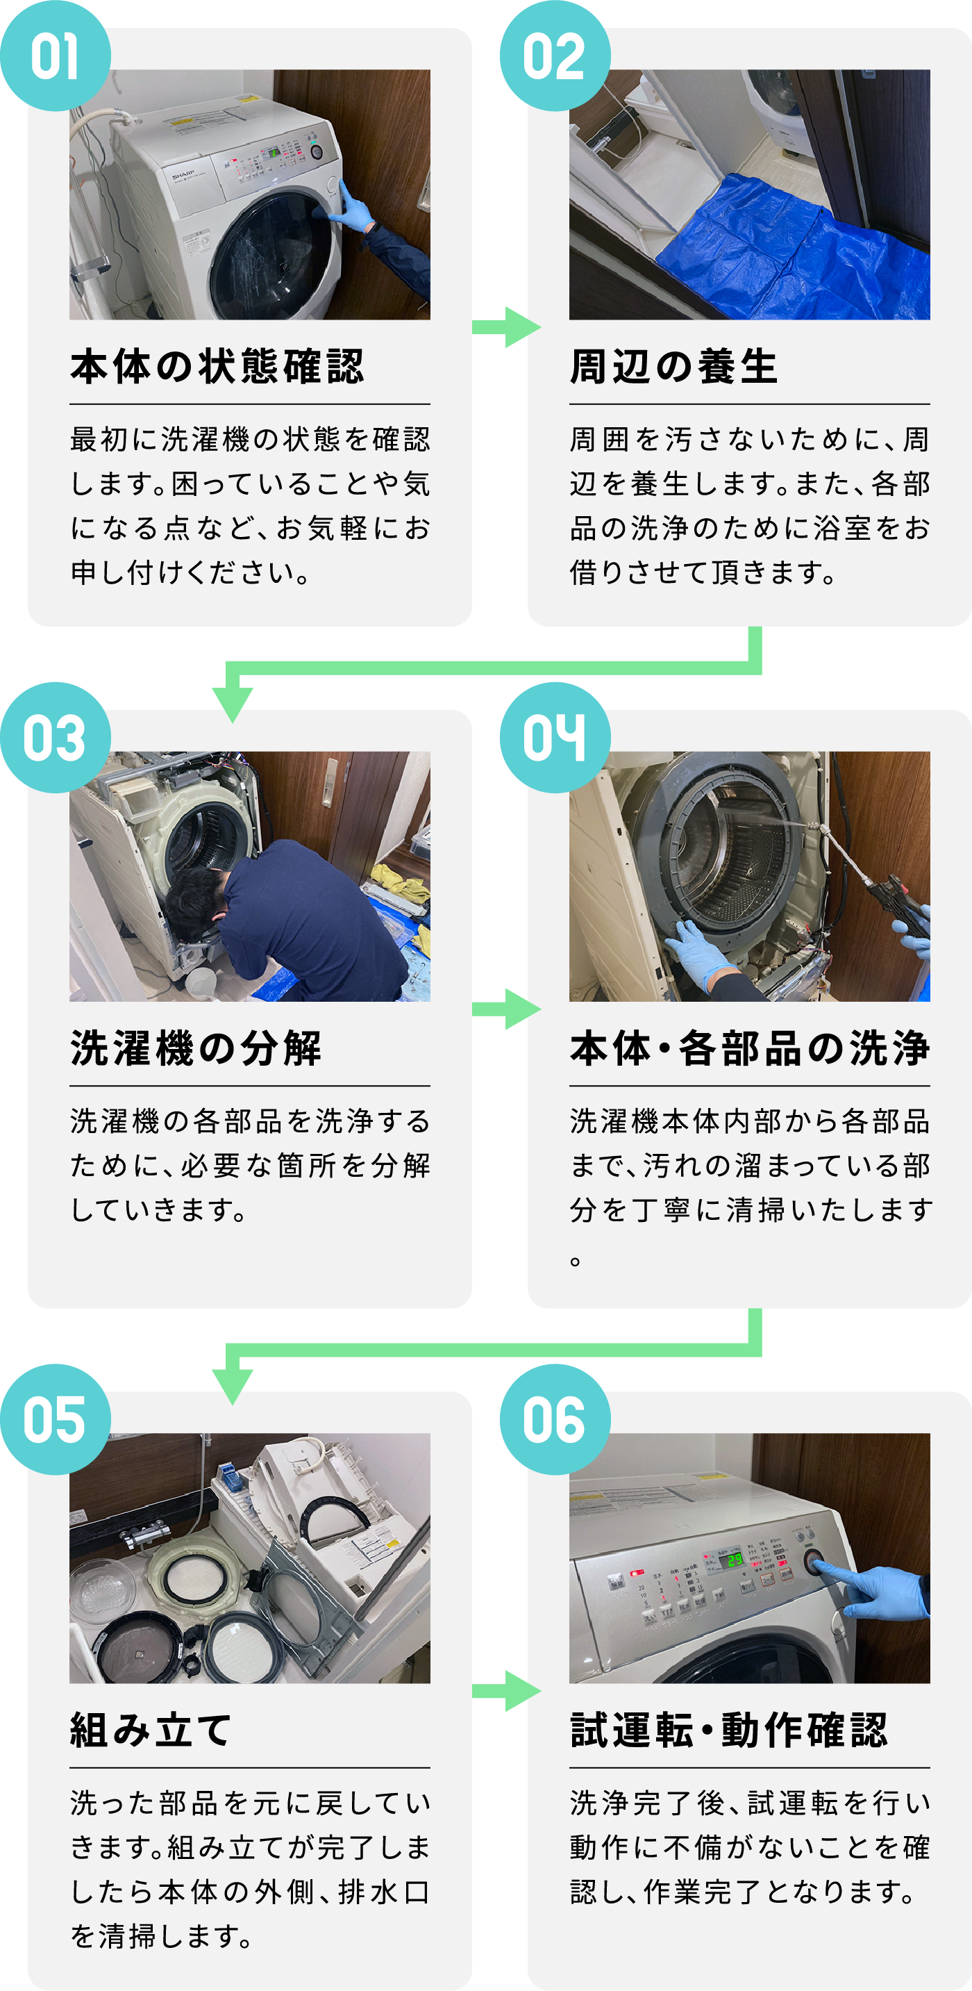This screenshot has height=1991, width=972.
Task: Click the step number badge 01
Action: (x=55, y=56)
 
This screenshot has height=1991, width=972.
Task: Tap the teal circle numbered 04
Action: (x=555, y=737)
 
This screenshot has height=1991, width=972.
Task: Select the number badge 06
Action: (x=555, y=1419)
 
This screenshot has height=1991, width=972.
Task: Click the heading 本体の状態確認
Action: (x=217, y=367)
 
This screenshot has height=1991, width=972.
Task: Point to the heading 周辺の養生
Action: (x=673, y=367)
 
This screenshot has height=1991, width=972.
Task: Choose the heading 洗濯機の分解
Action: (x=196, y=1049)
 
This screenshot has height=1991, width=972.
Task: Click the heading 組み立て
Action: (x=151, y=1730)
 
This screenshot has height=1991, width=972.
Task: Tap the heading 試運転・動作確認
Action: (x=728, y=1730)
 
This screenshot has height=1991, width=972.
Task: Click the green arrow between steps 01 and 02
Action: (x=506, y=327)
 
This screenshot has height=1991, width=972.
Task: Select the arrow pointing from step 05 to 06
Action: (x=506, y=1690)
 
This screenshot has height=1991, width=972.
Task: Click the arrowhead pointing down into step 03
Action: (x=233, y=702)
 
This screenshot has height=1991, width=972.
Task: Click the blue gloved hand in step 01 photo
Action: (x=353, y=208)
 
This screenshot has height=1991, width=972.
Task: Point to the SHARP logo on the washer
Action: (x=183, y=176)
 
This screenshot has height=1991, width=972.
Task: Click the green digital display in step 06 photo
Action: (x=732, y=1559)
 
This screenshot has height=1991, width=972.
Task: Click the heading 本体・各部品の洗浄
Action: (x=749, y=1049)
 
